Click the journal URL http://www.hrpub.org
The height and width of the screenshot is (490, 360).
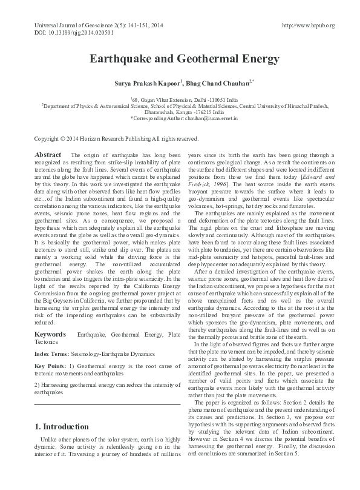click(x=309, y=25)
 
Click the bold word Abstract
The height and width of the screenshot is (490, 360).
click(x=48, y=155)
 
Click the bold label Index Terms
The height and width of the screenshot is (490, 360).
click(x=51, y=353)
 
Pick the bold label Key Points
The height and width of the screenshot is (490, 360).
click(x=50, y=366)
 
